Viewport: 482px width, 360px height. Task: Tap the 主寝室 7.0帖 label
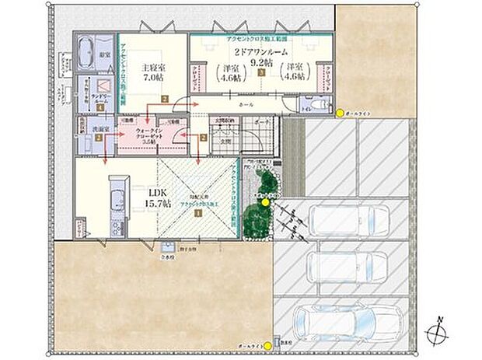coord(151,71)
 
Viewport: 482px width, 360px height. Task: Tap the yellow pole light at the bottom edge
coord(278,341)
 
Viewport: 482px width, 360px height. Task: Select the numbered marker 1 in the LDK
coord(197,211)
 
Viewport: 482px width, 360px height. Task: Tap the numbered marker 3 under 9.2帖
coord(262,72)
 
